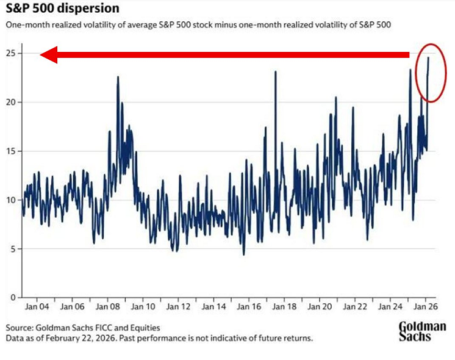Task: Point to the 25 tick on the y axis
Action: tap(12, 54)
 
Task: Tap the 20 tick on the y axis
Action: tap(12, 103)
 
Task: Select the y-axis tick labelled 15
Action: tap(12, 151)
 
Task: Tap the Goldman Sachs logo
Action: tap(422, 330)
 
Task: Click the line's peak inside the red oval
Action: tap(428, 57)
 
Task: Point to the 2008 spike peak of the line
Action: tap(118, 77)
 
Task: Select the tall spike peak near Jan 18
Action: tap(275, 72)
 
